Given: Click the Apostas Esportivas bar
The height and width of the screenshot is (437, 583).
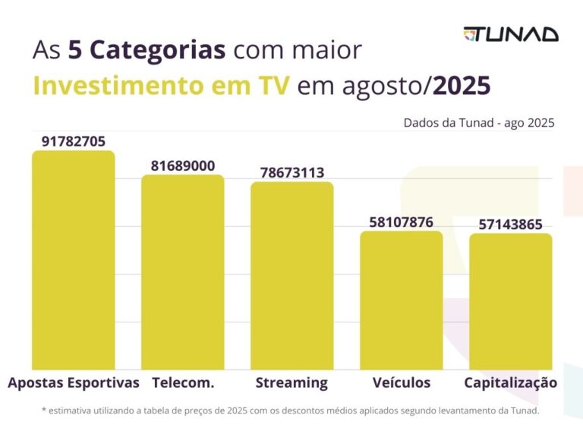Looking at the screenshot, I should (73, 260).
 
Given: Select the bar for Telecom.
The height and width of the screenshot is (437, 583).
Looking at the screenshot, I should (183, 272).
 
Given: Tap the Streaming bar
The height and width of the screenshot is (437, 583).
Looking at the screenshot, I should (292, 275).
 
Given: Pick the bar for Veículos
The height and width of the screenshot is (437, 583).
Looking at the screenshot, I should (402, 300).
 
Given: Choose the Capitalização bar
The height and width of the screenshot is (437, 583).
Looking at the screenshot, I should (511, 301).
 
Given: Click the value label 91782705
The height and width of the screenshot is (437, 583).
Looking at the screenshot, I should (74, 142).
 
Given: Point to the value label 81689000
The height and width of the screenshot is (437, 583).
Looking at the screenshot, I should (183, 166).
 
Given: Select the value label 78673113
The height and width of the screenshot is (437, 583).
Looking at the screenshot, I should (292, 172).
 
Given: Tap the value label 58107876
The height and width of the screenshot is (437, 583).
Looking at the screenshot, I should (402, 222).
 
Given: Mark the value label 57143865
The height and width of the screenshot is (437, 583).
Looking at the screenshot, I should (511, 225).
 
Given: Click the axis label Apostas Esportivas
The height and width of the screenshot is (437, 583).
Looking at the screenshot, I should (74, 382).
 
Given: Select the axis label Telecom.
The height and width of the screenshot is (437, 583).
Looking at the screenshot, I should (183, 382).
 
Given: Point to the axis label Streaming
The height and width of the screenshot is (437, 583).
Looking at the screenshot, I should (291, 382).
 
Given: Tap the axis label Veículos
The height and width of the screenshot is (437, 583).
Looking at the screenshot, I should (402, 382).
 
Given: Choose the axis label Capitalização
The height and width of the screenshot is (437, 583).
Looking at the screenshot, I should (511, 382).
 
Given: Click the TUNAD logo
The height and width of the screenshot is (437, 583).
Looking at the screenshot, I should (511, 34).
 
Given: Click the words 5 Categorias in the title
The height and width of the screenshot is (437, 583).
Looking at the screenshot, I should (147, 51).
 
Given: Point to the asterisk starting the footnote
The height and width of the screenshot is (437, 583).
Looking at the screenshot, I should (44, 411).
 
